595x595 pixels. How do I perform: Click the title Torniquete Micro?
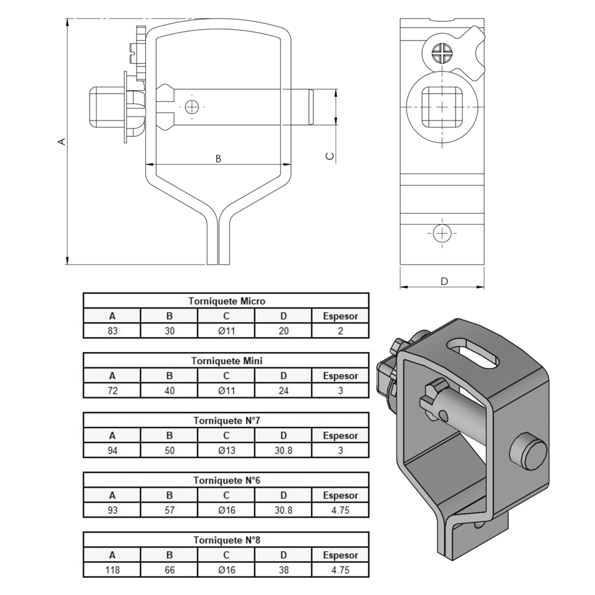pos(227,302)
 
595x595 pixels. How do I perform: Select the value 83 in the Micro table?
pos(112,331)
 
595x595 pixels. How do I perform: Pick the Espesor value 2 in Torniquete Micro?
pos(340,331)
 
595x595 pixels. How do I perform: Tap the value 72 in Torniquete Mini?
pos(112,390)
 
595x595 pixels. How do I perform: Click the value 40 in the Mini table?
pos(169,390)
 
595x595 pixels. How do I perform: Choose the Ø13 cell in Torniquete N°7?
pos(227,450)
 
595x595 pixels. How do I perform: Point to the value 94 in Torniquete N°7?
pos(112,450)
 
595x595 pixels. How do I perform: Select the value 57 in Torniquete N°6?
pos(169,510)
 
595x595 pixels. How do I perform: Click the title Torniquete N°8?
pos(227,540)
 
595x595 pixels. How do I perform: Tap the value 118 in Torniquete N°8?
pos(112,570)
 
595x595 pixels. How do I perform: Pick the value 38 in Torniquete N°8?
pos(284,570)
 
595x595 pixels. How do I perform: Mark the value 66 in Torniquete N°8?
pos(169,570)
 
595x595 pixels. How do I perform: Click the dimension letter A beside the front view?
pos(62,142)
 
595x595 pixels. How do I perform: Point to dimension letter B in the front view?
pos(218,159)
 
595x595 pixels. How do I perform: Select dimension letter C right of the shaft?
pos(330,156)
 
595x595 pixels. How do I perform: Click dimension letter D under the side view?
pos(445,281)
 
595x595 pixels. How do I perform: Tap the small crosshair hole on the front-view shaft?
pos(192,107)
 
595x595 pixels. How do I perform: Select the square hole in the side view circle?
pos(442,107)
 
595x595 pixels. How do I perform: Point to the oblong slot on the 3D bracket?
pos(473,354)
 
